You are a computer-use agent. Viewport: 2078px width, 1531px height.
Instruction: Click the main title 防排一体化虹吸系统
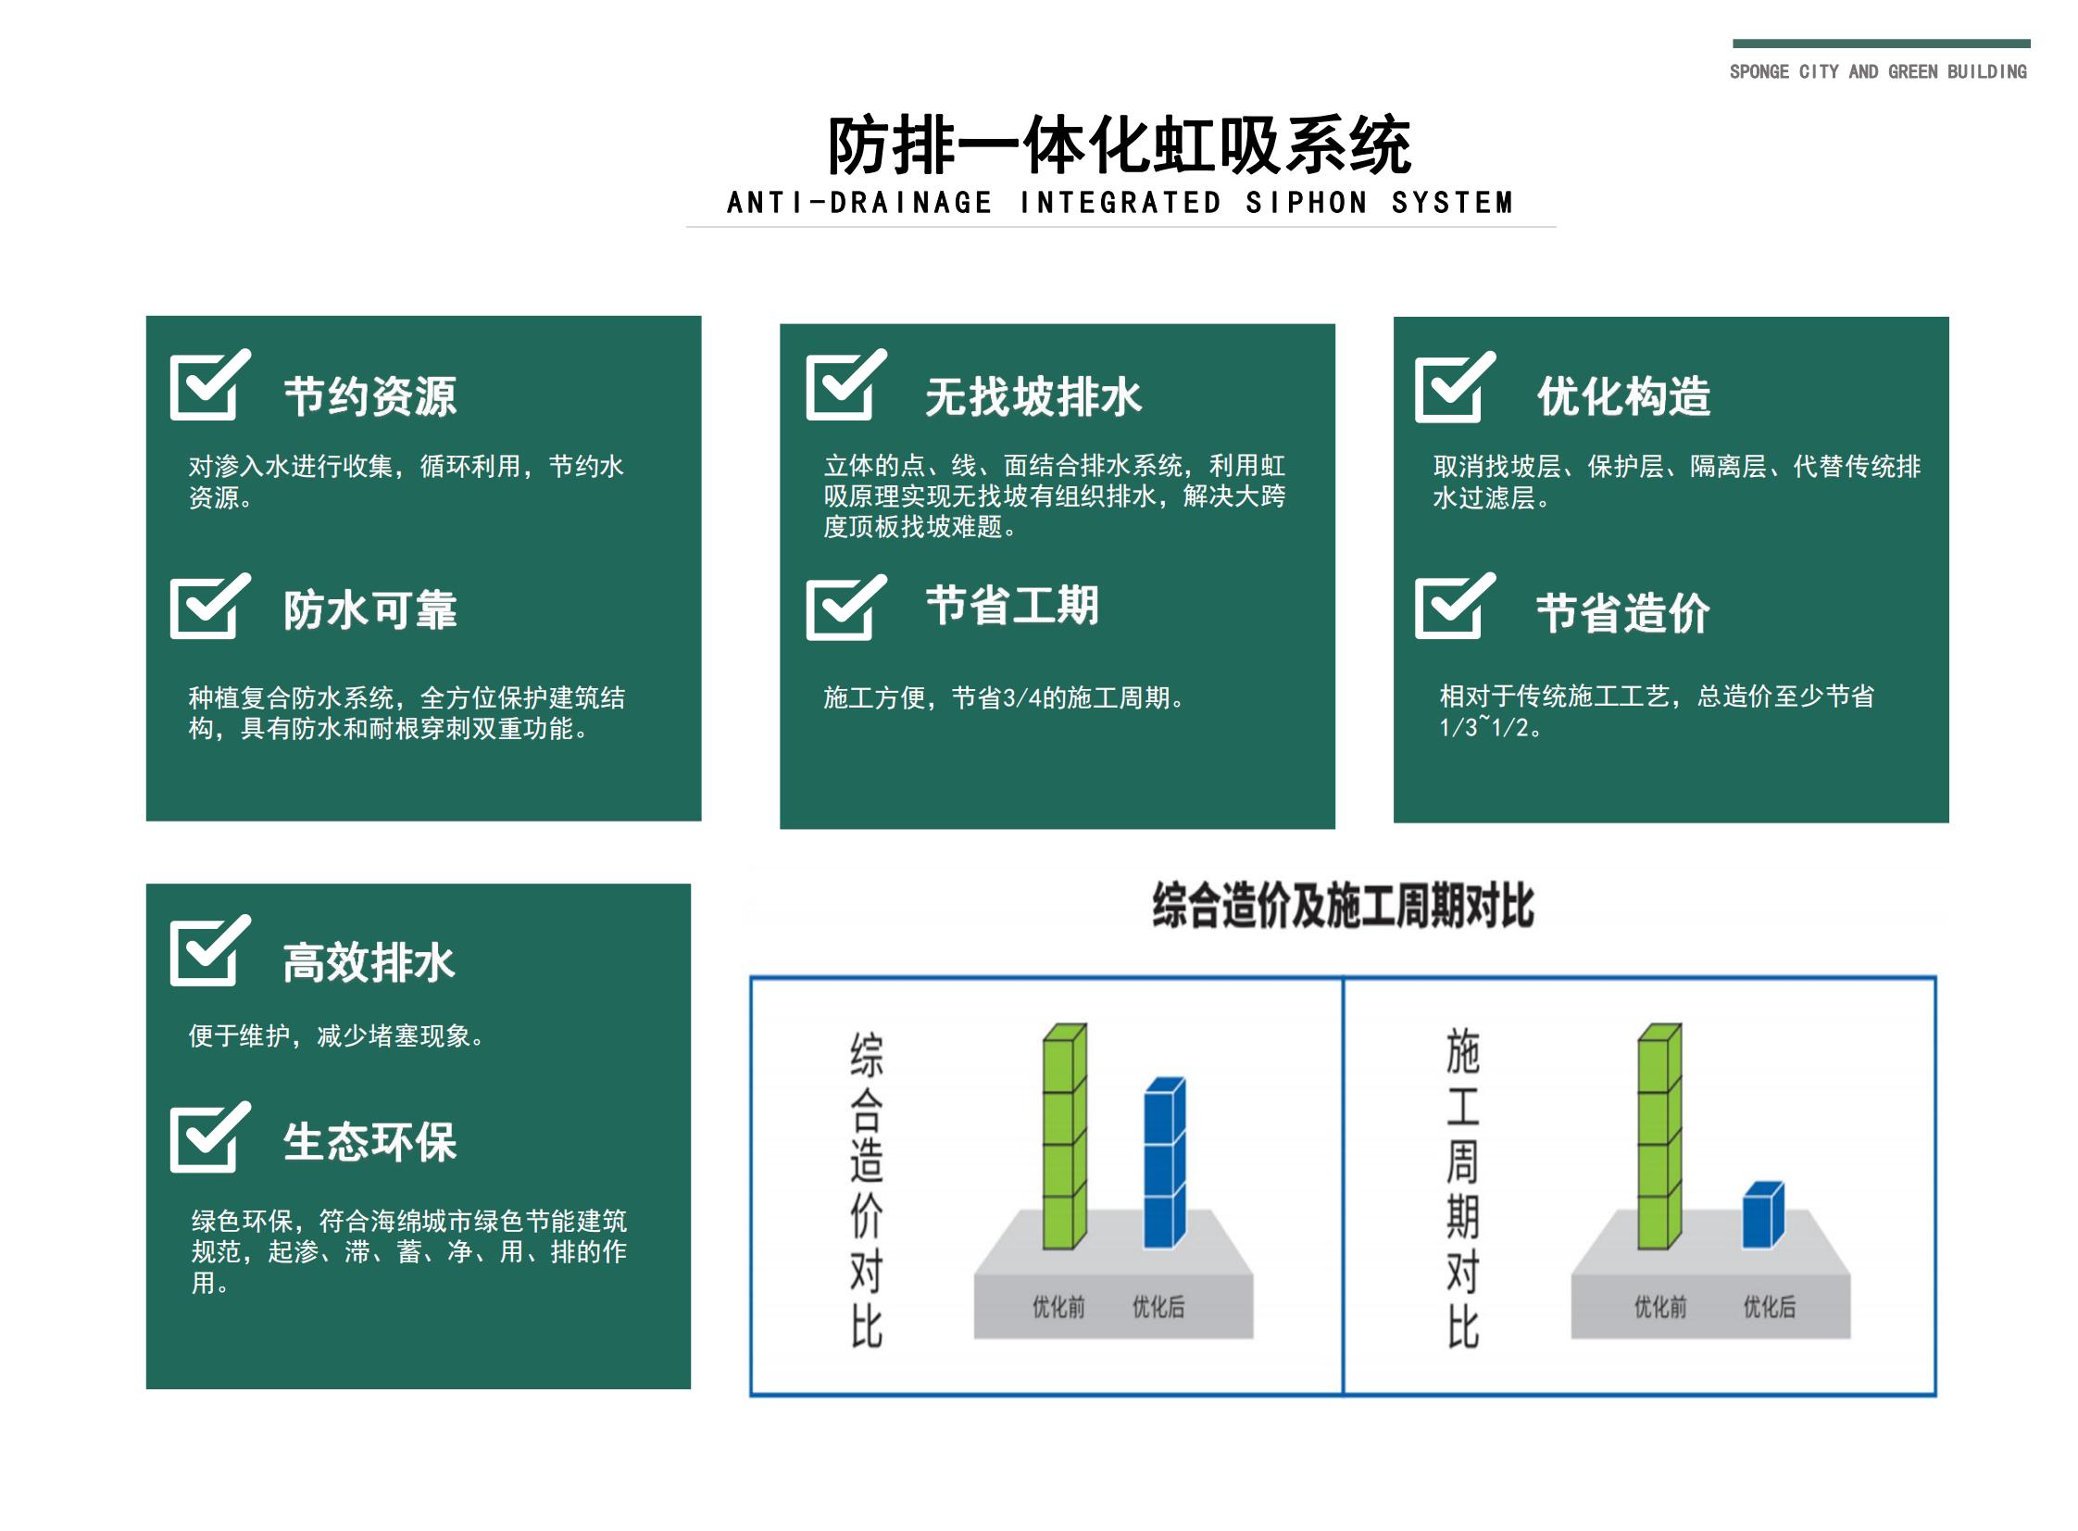pyautogui.click(x=1119, y=146)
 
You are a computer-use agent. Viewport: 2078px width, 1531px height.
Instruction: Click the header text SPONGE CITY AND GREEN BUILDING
pyautogui.click(x=1877, y=72)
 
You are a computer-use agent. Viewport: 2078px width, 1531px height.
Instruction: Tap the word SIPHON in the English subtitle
pyautogui.click(x=1306, y=203)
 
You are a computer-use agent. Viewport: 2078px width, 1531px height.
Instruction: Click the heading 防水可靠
pyautogui.click(x=369, y=609)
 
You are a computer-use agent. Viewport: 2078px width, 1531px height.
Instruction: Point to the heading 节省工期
pyautogui.click(x=1011, y=606)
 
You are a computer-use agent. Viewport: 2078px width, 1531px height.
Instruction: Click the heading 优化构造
pyautogui.click(x=1623, y=396)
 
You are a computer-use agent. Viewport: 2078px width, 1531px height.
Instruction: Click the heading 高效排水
pyautogui.click(x=369, y=962)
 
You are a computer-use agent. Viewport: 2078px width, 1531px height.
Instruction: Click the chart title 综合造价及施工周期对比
pyautogui.click(x=1343, y=906)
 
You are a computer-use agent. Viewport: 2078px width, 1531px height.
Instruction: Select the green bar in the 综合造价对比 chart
pyautogui.click(x=1064, y=1136)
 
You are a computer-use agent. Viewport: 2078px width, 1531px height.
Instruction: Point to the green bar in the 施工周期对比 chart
pyautogui.click(x=1659, y=1136)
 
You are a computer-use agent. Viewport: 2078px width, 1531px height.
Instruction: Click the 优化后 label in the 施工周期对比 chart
pyautogui.click(x=1769, y=1307)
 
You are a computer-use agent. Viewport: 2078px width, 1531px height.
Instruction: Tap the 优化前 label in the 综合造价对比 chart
pyautogui.click(x=1058, y=1307)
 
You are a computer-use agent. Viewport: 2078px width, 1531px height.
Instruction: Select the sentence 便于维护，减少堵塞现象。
pyautogui.click(x=336, y=1035)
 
